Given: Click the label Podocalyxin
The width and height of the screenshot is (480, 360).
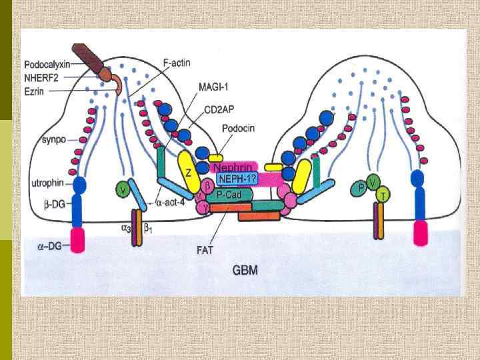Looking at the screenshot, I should [x=47, y=65].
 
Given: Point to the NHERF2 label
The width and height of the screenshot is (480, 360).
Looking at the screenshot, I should [x=43, y=77].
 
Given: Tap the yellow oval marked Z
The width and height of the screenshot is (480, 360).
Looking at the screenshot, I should [x=189, y=172].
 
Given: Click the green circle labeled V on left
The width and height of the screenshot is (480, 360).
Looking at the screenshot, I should [x=122, y=190].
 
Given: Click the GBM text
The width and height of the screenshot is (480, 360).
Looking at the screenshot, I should [x=245, y=271].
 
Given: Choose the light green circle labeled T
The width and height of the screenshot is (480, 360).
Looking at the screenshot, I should [x=383, y=194].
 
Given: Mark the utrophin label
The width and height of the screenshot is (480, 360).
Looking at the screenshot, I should [x=47, y=181].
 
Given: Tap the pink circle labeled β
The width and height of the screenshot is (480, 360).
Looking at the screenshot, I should [x=208, y=183].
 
